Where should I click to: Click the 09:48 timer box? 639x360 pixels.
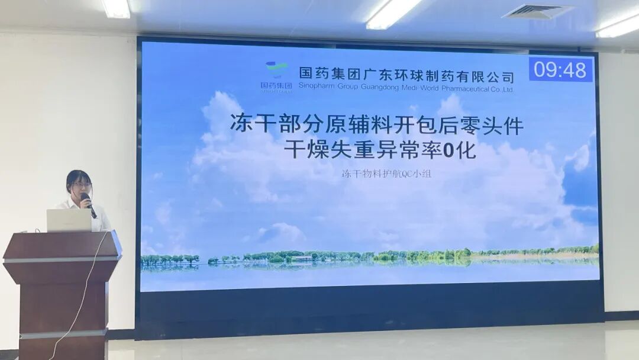[x=560, y=70]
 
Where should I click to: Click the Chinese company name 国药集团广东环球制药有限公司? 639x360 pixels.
[x=406, y=75]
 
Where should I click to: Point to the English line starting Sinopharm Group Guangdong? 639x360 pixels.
[x=406, y=89]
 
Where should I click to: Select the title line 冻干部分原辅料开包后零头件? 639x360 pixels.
[x=377, y=125]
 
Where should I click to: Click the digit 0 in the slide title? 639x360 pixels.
[x=450, y=151]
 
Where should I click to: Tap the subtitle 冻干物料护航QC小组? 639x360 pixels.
[x=386, y=175]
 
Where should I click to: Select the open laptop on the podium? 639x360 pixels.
[x=69, y=220]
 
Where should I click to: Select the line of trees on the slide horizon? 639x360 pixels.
[x=367, y=256]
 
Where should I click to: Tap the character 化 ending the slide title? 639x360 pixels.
[x=467, y=151]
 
